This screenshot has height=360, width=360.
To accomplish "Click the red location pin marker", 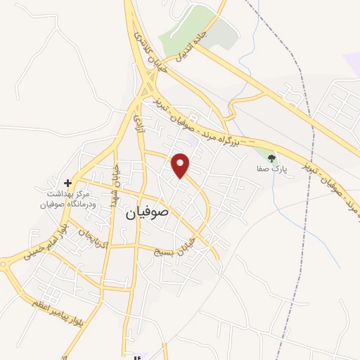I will pyautogui.click(x=181, y=165).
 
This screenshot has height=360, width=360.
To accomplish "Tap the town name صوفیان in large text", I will pyautogui.click(x=150, y=211).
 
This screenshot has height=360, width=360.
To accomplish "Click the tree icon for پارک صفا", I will pyautogui.click(x=272, y=158).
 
